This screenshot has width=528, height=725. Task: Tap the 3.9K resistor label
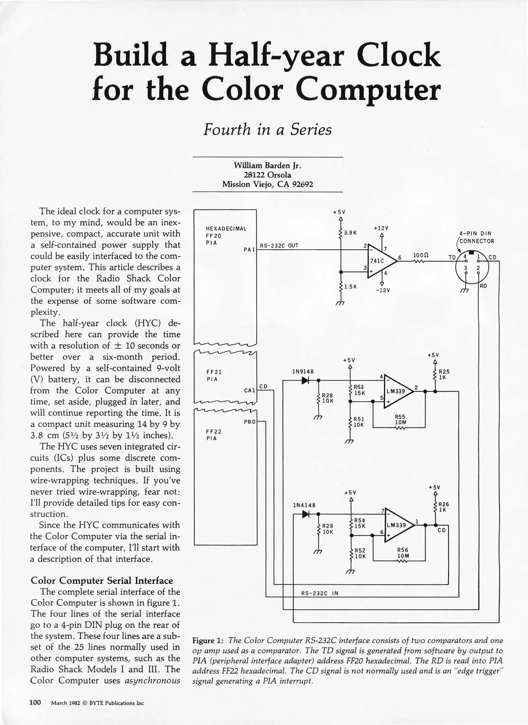coord(350,233)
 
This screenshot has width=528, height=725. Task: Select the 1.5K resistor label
coord(350,287)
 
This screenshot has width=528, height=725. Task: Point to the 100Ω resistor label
coord(421,255)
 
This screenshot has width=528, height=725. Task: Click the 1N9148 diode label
coord(303,372)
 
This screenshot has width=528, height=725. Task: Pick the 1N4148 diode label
coord(304,505)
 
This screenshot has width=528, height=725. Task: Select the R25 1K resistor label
coord(444,375)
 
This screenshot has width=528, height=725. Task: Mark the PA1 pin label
coord(250,250)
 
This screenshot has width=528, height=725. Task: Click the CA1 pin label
coord(249,390)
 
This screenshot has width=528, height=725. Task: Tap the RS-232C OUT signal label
coord(279,246)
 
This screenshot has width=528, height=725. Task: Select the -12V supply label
coord(383,290)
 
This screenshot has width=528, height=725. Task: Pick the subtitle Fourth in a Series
coord(268,130)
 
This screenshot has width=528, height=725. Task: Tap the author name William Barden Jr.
coord(268,165)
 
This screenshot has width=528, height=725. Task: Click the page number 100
coord(35,702)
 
